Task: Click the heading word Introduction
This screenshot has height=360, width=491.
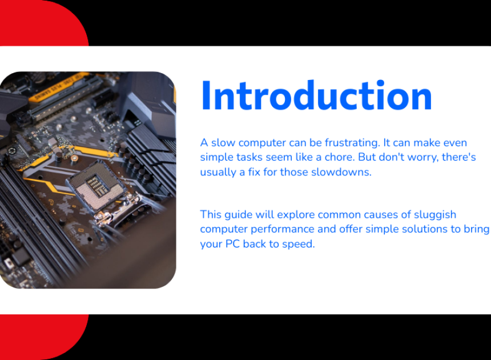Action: point(316,95)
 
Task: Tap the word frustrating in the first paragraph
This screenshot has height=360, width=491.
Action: point(352,143)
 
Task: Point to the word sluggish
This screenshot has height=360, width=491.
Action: point(435,215)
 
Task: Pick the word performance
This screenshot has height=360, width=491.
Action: point(282,229)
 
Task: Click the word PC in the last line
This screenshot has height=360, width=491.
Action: point(232,244)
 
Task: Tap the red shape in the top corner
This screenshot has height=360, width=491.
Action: point(41,22)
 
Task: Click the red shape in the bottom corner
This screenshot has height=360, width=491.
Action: point(41,337)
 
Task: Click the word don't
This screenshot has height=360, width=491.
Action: point(391,157)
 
